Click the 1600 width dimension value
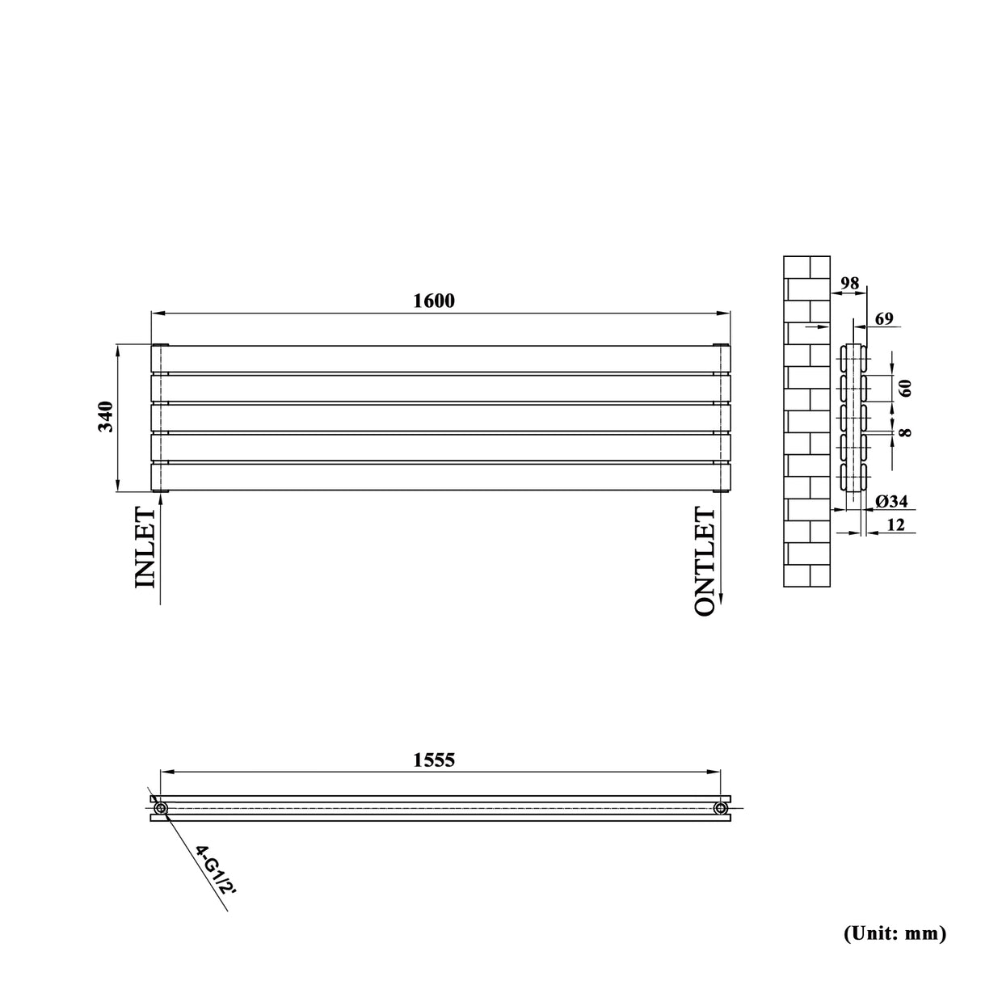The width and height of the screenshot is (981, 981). click(x=434, y=301)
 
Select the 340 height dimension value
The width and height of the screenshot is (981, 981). click(x=107, y=417)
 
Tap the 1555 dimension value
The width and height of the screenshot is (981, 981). click(x=434, y=760)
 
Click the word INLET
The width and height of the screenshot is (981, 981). click(x=144, y=548)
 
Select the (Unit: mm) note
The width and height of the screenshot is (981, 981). click(x=894, y=933)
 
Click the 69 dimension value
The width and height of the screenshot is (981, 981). click(x=883, y=319)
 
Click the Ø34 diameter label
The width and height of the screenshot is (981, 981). click(x=891, y=502)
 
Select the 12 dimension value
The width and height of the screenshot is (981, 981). click(x=895, y=525)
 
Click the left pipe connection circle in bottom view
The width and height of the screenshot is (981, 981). click(x=160, y=808)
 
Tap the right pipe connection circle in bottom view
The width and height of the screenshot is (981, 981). click(x=720, y=808)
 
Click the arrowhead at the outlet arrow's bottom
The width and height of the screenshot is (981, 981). click(x=721, y=599)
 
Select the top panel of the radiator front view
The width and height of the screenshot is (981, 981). click(x=441, y=359)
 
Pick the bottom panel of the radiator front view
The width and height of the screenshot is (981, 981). click(x=441, y=477)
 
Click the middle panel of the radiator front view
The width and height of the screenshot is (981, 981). click(x=441, y=418)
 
